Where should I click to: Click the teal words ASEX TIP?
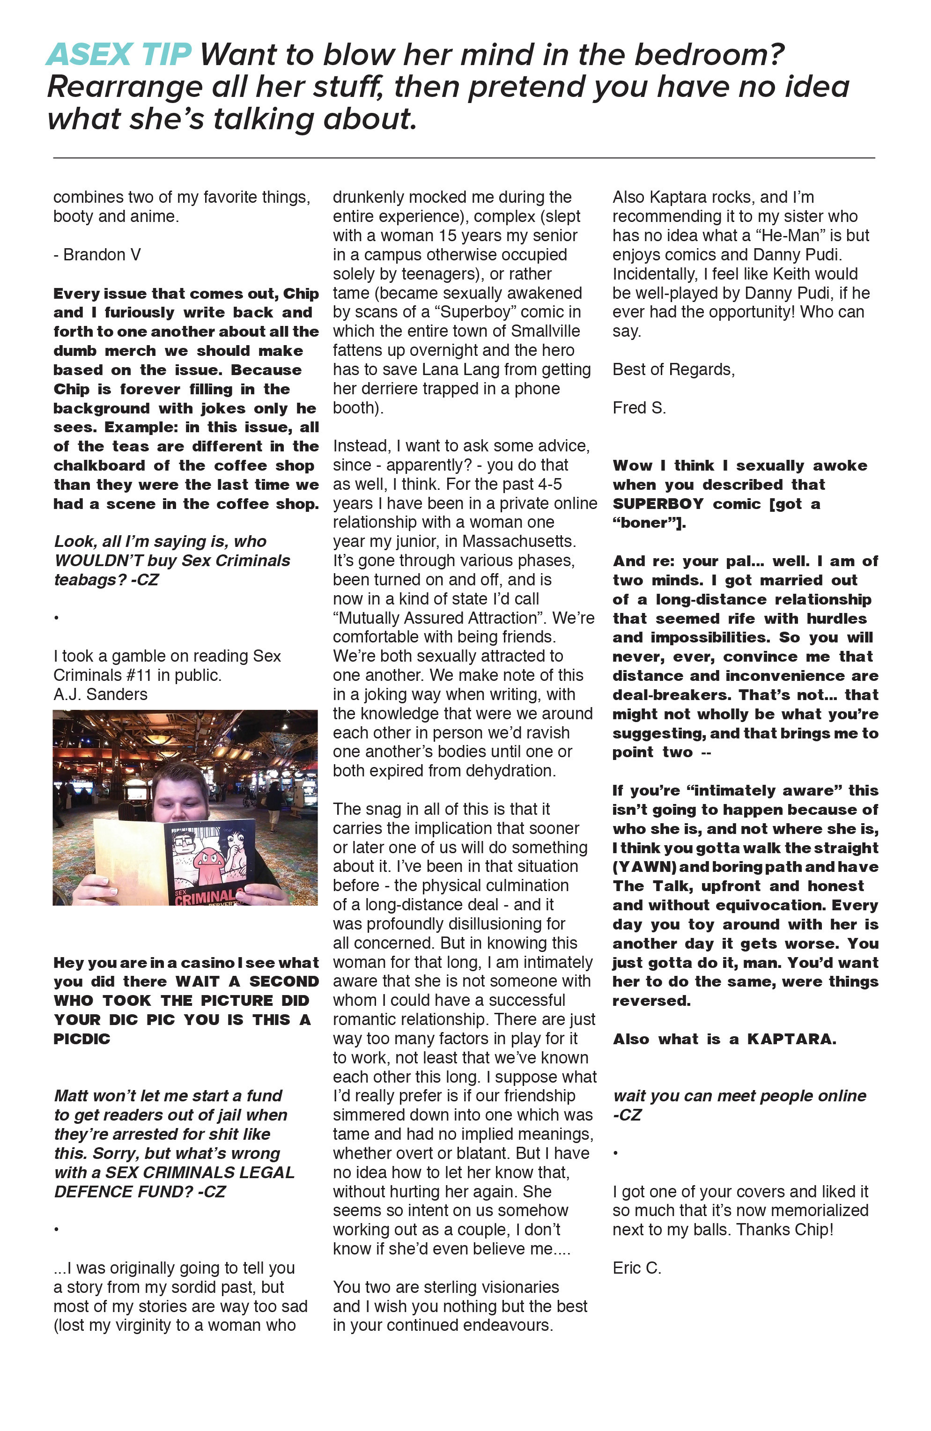click(x=118, y=55)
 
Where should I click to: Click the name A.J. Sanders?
click(x=100, y=694)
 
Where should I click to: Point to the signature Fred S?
click(x=639, y=408)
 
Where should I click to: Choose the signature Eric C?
click(x=637, y=1268)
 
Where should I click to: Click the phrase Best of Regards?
click(x=673, y=370)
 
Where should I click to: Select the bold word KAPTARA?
click(x=791, y=1040)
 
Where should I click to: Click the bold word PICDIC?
click(x=82, y=1040)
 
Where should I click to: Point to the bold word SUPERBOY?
click(x=658, y=504)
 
